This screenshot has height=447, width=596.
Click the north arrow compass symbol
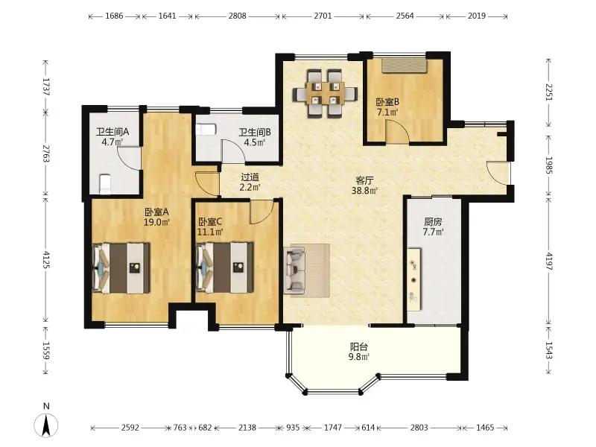[46, 425]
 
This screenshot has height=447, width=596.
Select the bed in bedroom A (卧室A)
[121, 268]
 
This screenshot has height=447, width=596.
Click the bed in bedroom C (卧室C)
[225, 268]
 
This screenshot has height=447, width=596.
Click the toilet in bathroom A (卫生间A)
[105, 184]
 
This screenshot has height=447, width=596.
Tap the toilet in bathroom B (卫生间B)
[206, 130]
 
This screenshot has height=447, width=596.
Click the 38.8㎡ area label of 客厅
[364, 191]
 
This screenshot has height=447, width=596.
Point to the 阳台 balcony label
[359, 346]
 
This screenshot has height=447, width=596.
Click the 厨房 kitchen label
[433, 221]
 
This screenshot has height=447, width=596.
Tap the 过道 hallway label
[250, 177]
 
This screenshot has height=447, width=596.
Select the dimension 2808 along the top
[237, 16]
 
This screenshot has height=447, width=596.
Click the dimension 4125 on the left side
[46, 259]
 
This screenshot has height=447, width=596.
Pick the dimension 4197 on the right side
[548, 261]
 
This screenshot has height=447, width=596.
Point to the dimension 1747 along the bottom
[332, 428]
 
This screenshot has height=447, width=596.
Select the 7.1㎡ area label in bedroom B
[387, 112]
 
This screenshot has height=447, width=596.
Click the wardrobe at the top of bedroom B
[405, 66]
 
